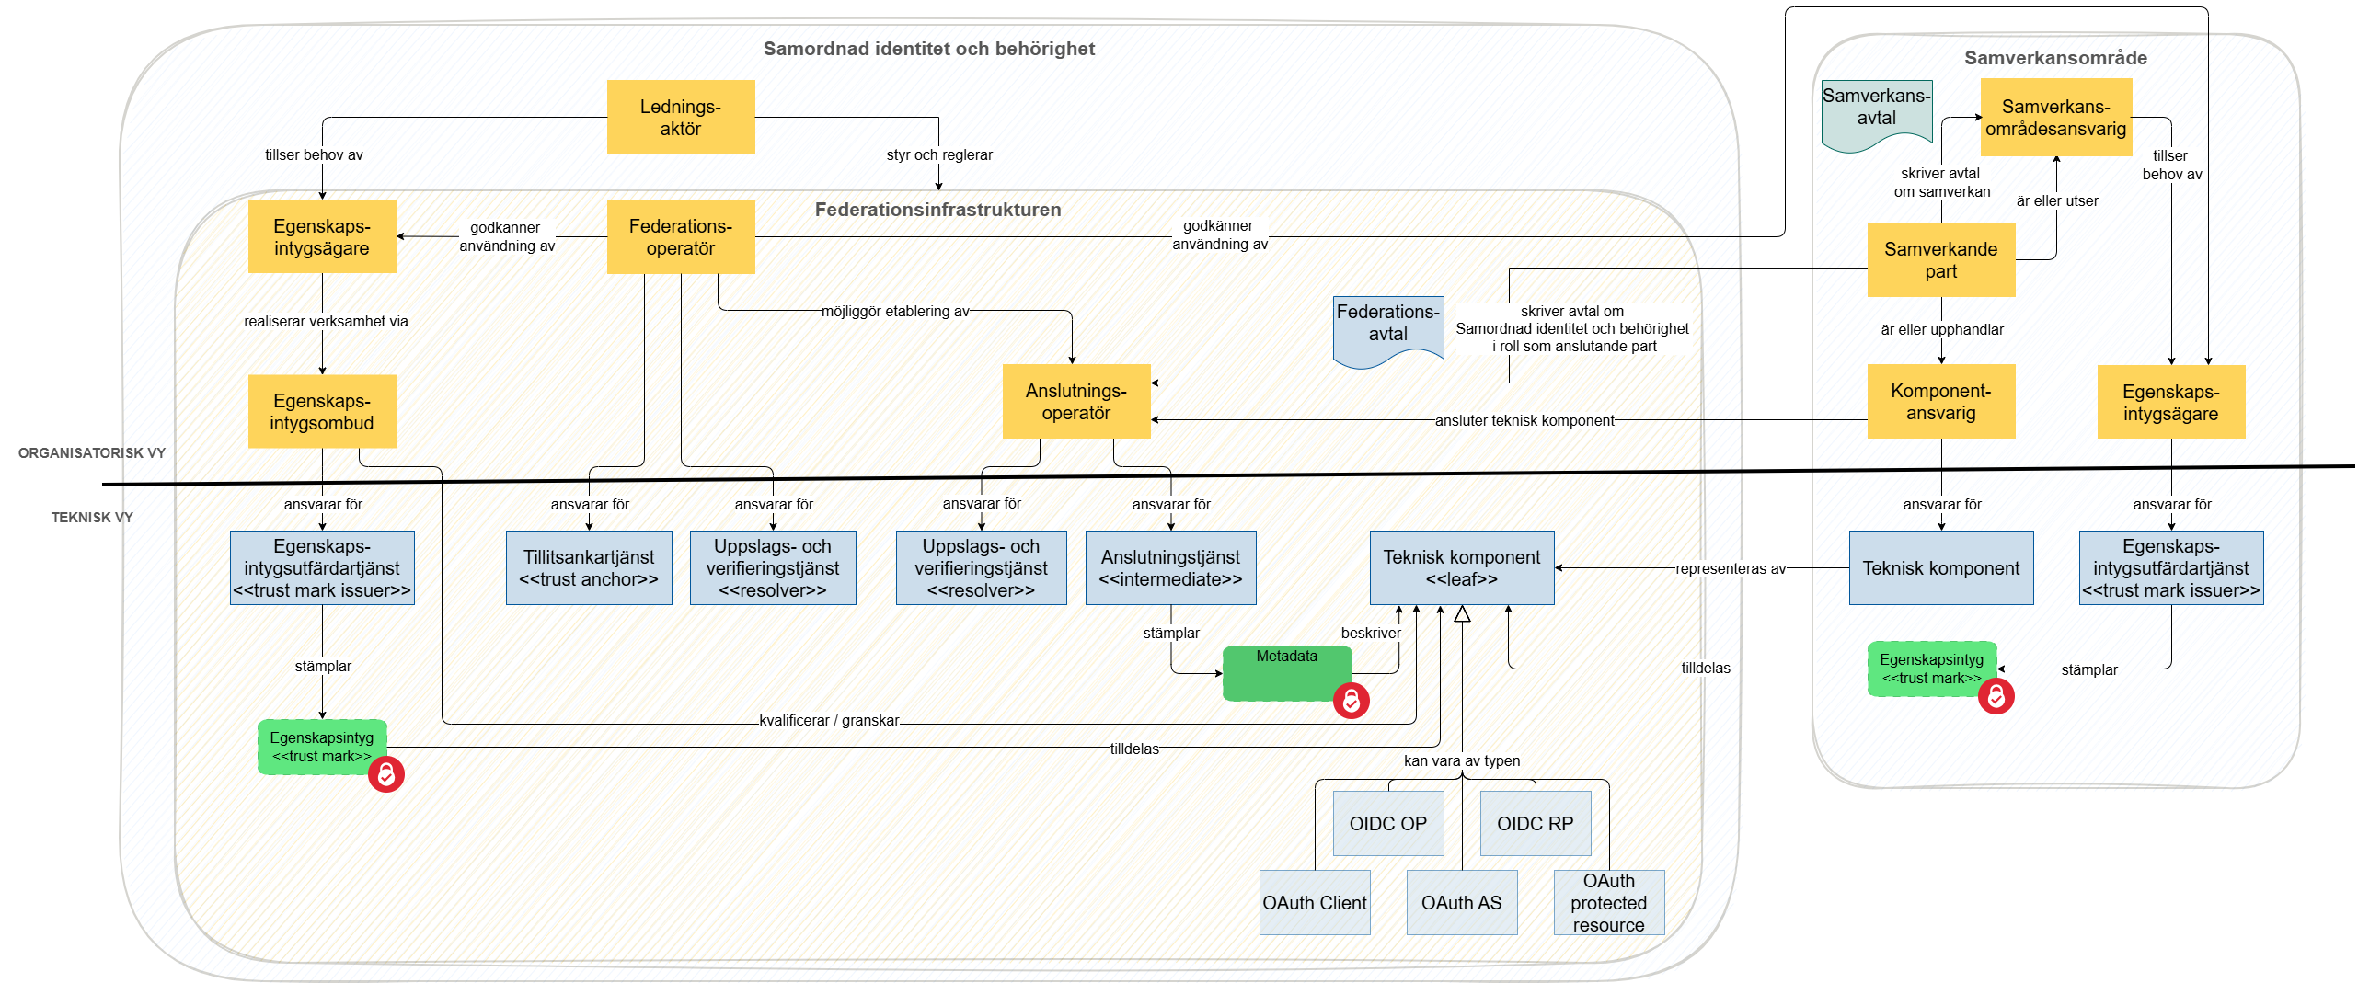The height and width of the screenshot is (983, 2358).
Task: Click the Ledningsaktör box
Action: [x=680, y=117]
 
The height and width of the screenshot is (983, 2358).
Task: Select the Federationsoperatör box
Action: [x=680, y=236]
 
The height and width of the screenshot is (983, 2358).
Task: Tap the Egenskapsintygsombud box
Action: [x=321, y=411]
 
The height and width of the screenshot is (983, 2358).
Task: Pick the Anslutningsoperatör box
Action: [x=1075, y=402]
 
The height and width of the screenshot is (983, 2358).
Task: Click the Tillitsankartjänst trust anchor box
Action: [x=589, y=567]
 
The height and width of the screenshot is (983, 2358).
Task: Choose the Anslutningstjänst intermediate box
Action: [x=1170, y=567]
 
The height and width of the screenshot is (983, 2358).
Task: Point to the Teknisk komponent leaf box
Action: [x=1461, y=567]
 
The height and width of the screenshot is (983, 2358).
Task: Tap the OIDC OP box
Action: [x=1387, y=823]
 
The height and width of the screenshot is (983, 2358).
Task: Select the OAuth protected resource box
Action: [x=1608, y=902]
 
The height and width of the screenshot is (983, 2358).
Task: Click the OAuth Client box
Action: [x=1314, y=902]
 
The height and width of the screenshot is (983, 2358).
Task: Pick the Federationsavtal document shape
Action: [x=1387, y=328]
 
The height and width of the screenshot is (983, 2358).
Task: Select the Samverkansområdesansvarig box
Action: [x=2055, y=117]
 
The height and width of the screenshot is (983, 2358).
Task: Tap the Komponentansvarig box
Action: [x=1940, y=402]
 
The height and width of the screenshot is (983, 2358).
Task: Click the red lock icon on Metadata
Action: [x=1351, y=701]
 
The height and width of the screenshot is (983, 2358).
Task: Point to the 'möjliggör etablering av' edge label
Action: [x=894, y=311]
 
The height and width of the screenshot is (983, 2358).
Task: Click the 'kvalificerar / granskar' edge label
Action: [x=828, y=720]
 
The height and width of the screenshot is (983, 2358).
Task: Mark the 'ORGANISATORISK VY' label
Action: [x=91, y=452]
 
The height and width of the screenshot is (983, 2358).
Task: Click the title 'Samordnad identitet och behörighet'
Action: [x=928, y=49]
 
